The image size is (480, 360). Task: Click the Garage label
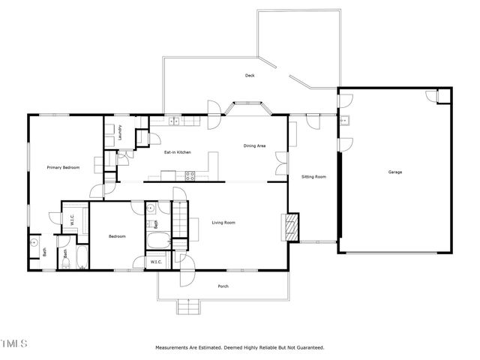point(394,172)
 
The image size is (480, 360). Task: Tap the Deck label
point(250,76)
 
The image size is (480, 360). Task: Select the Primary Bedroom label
point(63,167)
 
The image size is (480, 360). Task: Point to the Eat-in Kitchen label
point(178,152)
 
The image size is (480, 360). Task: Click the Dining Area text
point(255,145)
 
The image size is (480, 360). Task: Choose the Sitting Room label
point(313,177)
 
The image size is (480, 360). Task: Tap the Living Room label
point(223,222)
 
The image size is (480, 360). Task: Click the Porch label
point(223,286)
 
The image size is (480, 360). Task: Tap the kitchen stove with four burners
point(190,176)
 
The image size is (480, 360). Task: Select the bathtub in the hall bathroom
point(158,241)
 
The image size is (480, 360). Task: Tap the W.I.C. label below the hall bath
point(156,262)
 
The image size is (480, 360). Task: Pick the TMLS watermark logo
point(14,344)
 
